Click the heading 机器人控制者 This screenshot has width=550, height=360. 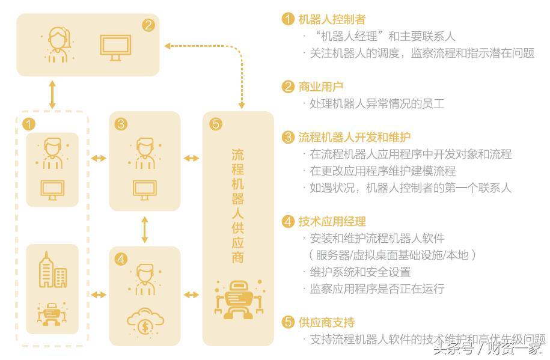click(x=332, y=20)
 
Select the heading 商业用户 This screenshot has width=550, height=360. click(x=321, y=87)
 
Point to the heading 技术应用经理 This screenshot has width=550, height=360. click(x=332, y=222)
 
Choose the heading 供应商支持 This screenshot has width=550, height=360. click(x=326, y=322)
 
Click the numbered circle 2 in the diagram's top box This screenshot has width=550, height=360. click(x=148, y=25)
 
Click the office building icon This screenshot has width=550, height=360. click(x=53, y=270)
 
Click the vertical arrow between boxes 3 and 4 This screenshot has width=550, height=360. click(x=145, y=229)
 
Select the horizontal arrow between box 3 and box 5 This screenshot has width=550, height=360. click(x=191, y=158)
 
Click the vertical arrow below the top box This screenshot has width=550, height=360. click(x=52, y=94)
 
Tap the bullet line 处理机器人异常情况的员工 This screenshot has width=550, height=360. click(x=376, y=103)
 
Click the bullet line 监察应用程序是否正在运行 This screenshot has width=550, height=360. click(x=376, y=289)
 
